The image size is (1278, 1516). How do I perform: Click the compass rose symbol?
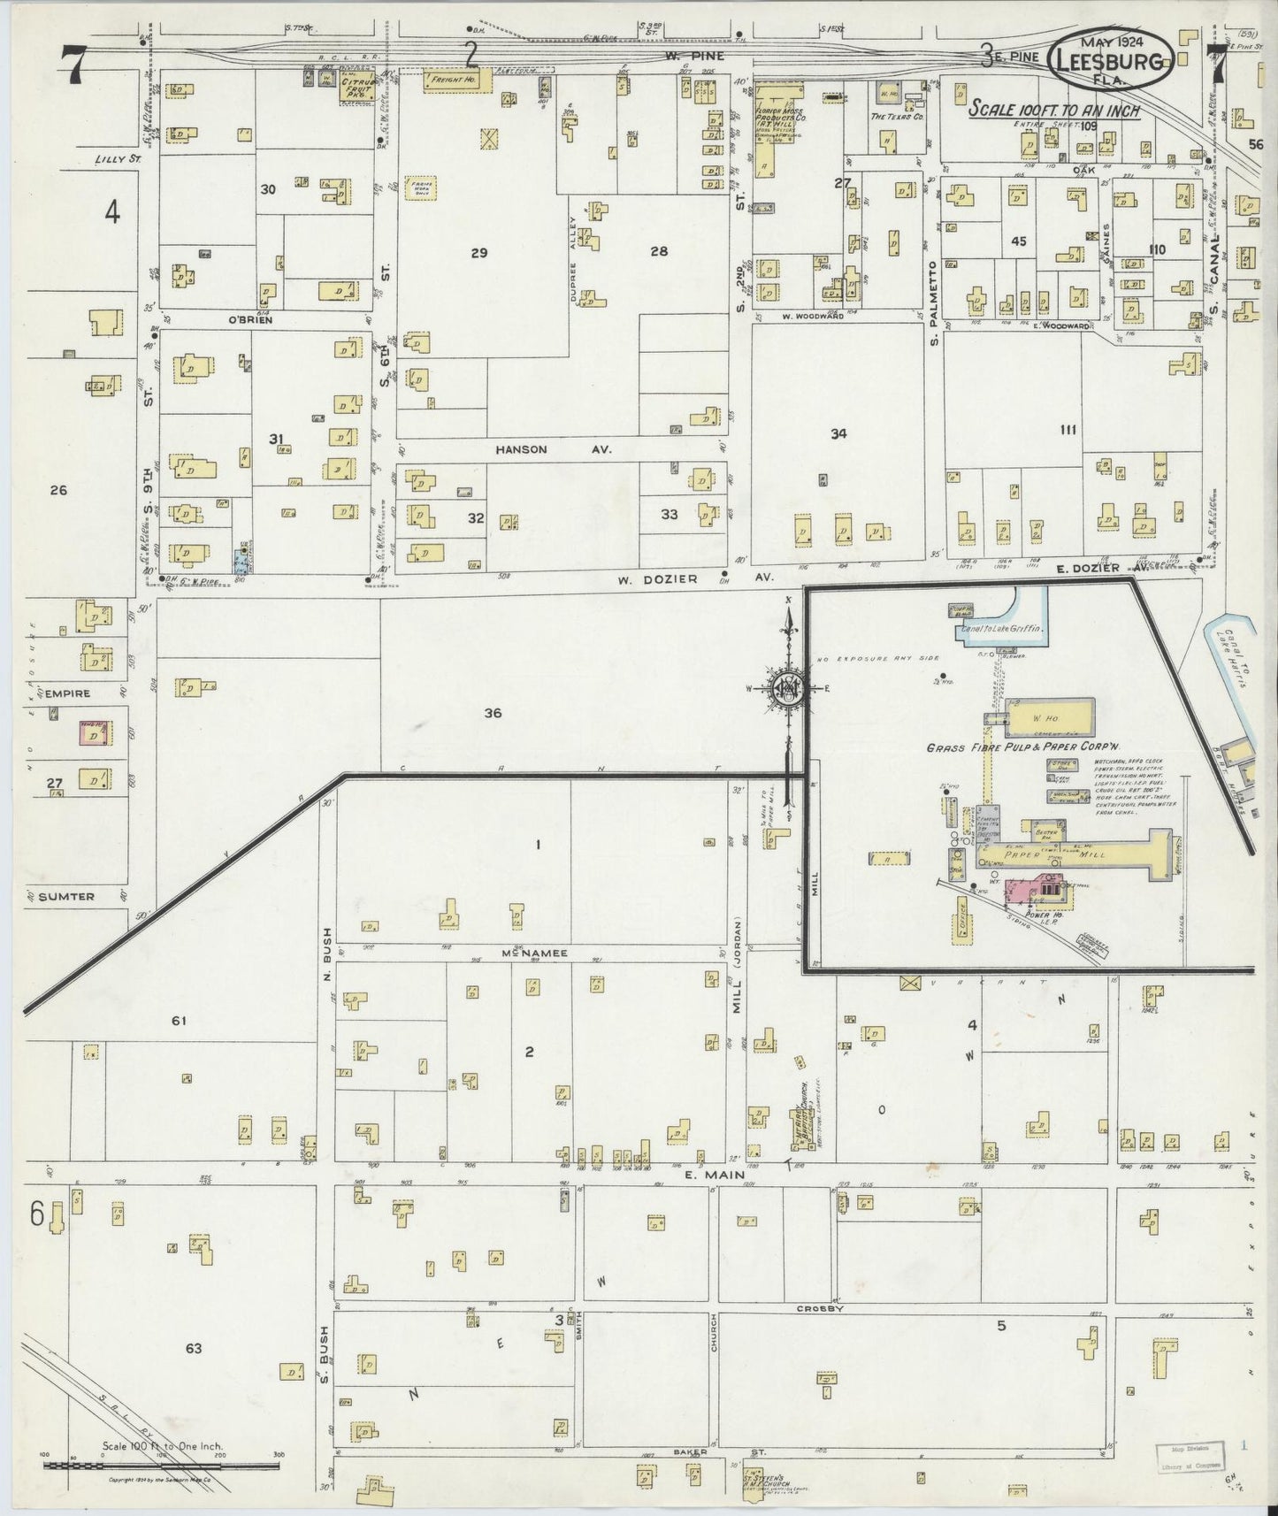click(x=788, y=687)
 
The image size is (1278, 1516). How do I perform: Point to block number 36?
click(x=493, y=712)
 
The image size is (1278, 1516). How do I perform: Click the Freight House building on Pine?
click(x=452, y=80)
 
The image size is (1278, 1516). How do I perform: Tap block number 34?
click(x=838, y=433)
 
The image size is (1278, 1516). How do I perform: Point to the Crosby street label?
click(x=821, y=1308)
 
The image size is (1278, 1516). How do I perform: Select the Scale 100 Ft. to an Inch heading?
click(x=1053, y=111)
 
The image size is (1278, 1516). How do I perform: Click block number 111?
click(x=1068, y=430)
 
